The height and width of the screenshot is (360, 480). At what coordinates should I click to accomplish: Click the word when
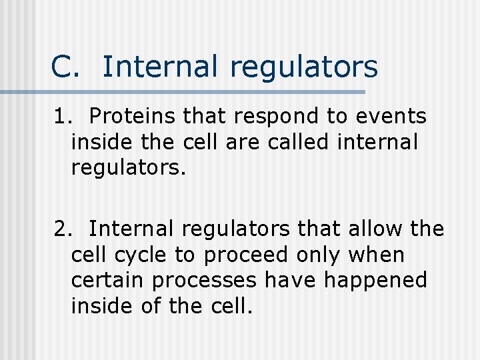(x=380, y=254)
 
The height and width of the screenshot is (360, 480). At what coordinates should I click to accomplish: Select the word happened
(x=375, y=281)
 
